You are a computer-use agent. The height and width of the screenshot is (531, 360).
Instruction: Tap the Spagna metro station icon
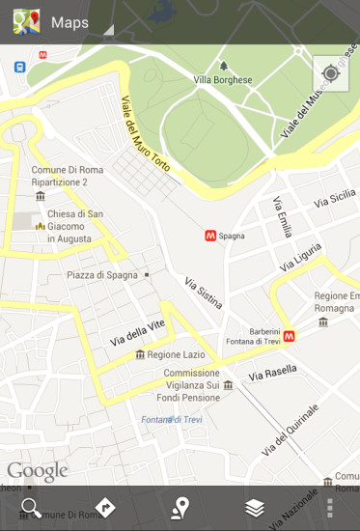(x=209, y=235)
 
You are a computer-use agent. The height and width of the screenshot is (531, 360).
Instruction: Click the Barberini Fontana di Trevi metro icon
(x=289, y=336)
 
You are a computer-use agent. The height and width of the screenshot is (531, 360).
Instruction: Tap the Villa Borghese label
(x=222, y=79)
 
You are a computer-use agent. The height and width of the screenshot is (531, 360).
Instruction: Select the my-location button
(x=330, y=73)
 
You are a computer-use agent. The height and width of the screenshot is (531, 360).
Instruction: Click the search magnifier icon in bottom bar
(x=31, y=508)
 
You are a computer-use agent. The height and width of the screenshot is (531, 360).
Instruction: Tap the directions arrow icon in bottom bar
(x=105, y=508)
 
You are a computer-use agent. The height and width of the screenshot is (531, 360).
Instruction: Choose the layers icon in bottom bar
(x=255, y=508)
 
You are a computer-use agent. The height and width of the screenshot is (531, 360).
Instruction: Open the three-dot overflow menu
(x=330, y=508)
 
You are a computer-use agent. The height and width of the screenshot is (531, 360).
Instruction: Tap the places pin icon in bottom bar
(x=180, y=508)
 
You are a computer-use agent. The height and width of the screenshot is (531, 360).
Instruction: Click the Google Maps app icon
(x=26, y=21)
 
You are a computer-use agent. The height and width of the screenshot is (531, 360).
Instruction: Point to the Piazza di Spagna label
(x=102, y=275)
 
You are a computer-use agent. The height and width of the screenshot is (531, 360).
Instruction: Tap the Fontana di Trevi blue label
(x=169, y=419)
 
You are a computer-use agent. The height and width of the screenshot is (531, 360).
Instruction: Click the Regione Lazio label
(x=178, y=355)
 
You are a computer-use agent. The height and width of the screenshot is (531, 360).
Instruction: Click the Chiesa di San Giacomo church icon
(x=40, y=226)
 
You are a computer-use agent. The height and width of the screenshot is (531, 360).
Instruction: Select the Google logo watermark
(x=38, y=471)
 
